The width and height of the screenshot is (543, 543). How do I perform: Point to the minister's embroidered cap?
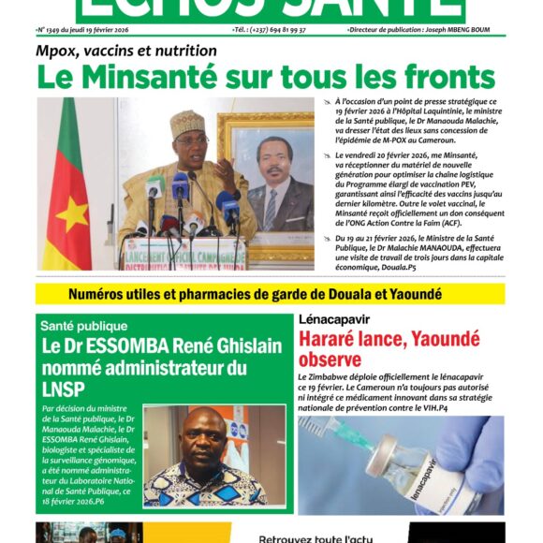point(188,122)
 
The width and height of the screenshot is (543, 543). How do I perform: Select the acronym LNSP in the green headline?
point(62,389)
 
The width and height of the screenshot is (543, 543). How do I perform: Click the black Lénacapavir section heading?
point(332,319)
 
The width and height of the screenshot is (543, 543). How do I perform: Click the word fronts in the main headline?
point(445,77)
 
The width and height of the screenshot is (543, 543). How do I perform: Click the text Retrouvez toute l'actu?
point(315,537)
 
